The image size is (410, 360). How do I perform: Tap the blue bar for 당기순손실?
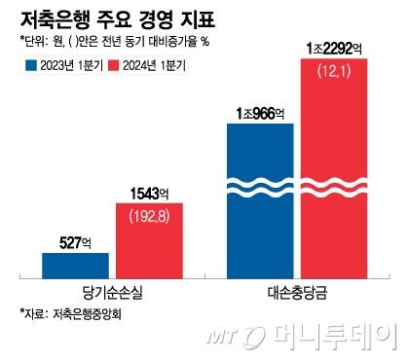tap(75, 265)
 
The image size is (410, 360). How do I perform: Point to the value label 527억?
tap(76, 241)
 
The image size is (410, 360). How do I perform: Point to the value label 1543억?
tap(149, 191)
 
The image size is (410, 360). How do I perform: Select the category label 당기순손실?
tap(113, 292)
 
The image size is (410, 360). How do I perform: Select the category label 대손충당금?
tap(297, 292)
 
